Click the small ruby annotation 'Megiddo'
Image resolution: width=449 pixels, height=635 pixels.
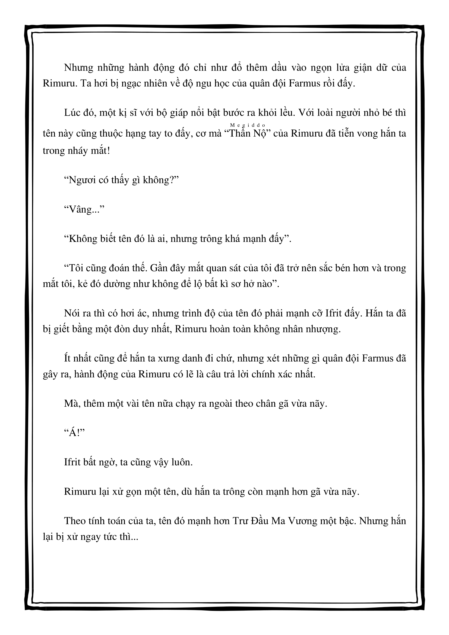[248, 125]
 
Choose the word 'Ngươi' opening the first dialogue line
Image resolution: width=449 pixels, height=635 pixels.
[83, 180]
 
